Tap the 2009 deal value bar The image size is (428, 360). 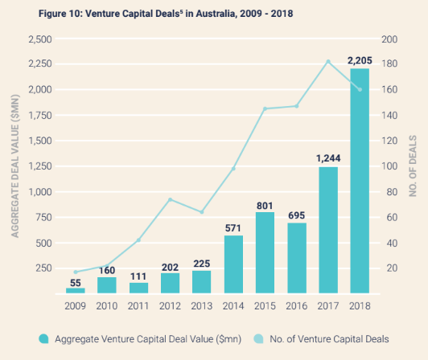(75, 290)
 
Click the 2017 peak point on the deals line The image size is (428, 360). (328, 61)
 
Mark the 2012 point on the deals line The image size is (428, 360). (171, 199)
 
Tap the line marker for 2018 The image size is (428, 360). (360, 89)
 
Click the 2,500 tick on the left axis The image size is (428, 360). (40, 39)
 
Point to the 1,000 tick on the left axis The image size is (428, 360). (40, 192)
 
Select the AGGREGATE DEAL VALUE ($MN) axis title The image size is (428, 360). (14, 166)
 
